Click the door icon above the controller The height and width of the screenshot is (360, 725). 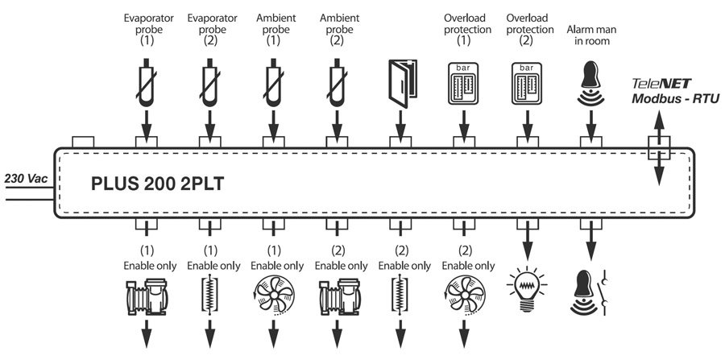pos(400,80)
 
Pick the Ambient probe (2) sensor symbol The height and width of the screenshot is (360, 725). pos(337,81)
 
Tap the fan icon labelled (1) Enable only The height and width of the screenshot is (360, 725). pos(273,296)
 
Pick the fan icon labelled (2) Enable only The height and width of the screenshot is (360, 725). pos(465,296)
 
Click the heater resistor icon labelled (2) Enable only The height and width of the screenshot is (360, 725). pos(400,296)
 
